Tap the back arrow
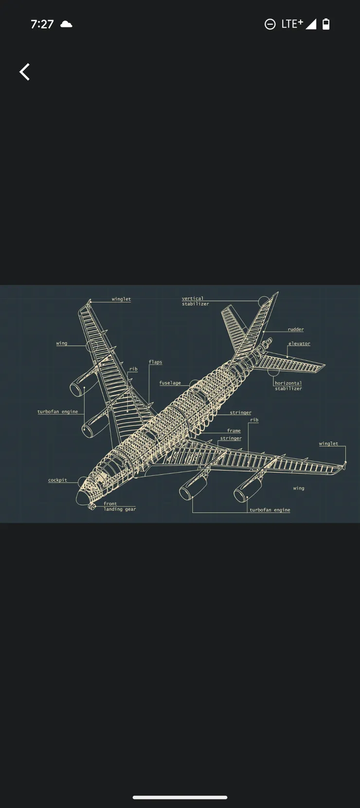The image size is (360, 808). (24, 72)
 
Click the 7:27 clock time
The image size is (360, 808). (42, 24)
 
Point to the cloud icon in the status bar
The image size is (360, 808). (66, 24)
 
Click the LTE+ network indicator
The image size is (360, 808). (292, 24)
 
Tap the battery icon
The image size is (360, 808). (326, 24)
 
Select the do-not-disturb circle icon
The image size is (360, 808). (270, 24)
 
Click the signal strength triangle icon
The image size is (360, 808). (311, 24)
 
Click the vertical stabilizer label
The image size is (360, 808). (195, 301)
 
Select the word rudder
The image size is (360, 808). (296, 329)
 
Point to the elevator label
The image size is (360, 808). (299, 343)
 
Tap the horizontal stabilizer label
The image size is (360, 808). (288, 386)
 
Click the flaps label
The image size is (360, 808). (156, 362)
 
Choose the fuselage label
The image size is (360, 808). (170, 383)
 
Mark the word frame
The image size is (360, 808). (234, 431)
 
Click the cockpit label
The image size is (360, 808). (58, 480)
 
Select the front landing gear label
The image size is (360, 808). (120, 506)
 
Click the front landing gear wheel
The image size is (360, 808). (92, 507)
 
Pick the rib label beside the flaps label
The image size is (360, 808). (133, 369)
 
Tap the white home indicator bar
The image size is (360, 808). (180, 797)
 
